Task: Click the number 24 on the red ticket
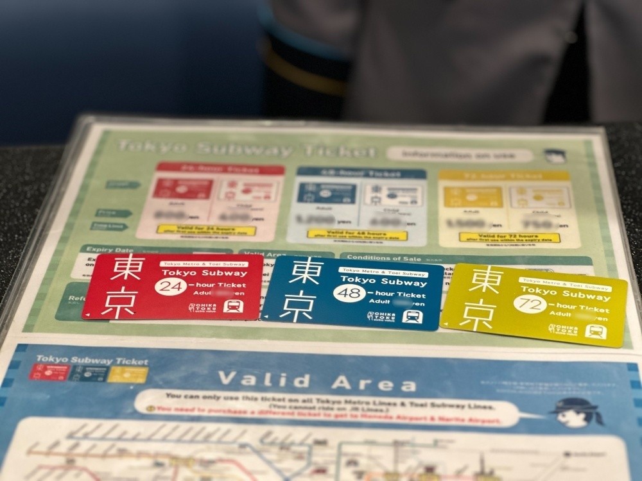coord(170,286)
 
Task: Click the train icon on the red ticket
coord(233,306)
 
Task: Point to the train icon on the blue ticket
coord(412,316)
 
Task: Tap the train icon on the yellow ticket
coord(596,332)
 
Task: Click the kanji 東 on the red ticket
coord(126,268)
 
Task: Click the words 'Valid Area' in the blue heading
coord(317,382)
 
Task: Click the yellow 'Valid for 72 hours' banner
coord(509,237)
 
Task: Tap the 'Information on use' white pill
coord(459,155)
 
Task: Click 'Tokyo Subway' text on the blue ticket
coord(383,282)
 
